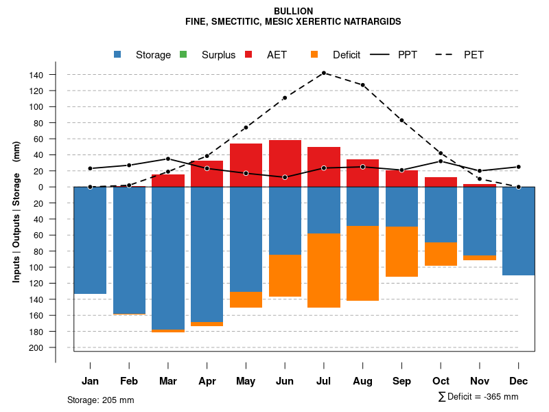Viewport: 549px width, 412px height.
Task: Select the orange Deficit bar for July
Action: tap(324, 271)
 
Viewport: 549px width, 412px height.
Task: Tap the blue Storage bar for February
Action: tap(129, 251)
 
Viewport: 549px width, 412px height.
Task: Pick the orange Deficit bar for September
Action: tap(401, 251)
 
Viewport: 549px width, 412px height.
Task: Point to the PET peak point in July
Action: tap(323, 73)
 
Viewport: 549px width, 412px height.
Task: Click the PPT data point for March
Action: tap(168, 159)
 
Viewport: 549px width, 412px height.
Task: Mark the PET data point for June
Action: tap(284, 98)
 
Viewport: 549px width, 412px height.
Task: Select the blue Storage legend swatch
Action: tap(118, 55)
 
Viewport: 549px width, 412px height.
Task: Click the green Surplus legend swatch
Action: tap(183, 55)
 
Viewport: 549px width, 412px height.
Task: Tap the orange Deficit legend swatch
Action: tap(314, 55)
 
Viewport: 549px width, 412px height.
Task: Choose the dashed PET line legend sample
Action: tap(448, 55)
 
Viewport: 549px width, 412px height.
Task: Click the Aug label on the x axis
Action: tap(362, 381)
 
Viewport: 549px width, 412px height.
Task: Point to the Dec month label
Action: tap(518, 381)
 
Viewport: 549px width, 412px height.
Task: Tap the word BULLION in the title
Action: tap(293, 12)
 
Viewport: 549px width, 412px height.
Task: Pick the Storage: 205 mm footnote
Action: tap(100, 400)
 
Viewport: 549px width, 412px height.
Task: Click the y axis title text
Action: tap(16, 211)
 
